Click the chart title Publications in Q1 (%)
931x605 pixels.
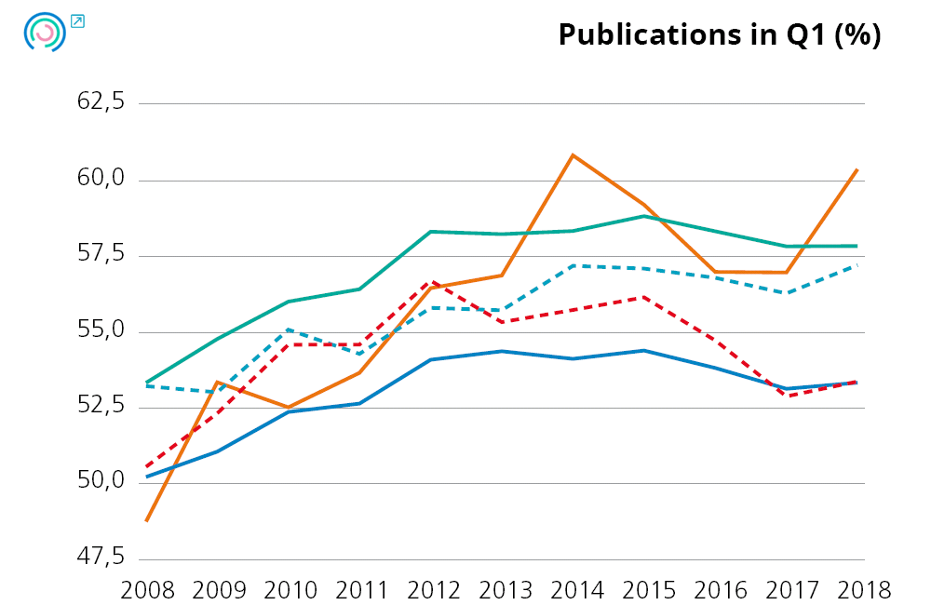point(719,34)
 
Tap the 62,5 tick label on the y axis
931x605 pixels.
point(101,103)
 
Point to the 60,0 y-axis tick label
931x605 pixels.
point(101,179)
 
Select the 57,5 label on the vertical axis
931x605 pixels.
point(101,255)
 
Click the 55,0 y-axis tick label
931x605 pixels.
point(101,330)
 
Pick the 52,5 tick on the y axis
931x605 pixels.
point(101,407)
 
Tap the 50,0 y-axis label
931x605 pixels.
point(101,482)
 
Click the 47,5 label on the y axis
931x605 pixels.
point(101,558)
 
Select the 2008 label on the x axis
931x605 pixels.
point(148,590)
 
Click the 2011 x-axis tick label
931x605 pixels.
point(362,590)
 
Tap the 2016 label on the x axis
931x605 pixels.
point(718,590)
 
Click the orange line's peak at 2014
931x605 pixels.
point(573,155)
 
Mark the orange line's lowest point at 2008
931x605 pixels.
point(147,520)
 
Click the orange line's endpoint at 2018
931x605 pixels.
point(857,169)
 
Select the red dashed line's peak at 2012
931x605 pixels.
point(431,281)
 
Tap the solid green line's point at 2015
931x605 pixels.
point(644,216)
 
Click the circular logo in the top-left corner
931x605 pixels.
point(44,33)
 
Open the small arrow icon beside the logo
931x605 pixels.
point(77,20)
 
